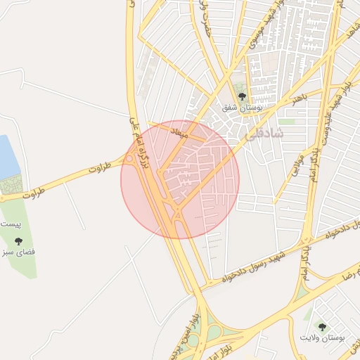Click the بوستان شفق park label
point(242,108)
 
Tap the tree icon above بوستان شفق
point(242,96)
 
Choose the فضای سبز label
point(18,251)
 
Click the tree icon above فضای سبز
point(18,240)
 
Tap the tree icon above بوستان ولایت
point(321,326)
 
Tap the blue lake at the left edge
point(7,155)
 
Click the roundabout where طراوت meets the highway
point(131,160)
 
